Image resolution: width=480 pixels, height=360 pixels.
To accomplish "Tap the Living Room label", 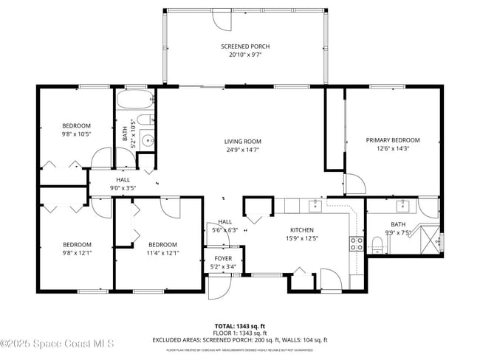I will point(243,142).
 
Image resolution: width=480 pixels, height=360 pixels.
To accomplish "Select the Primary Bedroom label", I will point(392,140).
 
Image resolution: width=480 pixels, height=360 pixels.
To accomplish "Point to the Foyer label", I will point(224,259).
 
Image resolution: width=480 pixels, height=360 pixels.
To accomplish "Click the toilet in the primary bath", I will point(377,243).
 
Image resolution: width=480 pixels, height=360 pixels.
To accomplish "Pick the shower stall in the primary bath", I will point(428,238).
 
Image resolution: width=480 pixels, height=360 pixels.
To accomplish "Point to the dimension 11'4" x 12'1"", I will point(162,253).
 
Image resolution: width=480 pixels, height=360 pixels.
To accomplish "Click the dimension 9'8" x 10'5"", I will point(76,134).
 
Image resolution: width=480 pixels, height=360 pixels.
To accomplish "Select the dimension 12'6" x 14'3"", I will point(392,148).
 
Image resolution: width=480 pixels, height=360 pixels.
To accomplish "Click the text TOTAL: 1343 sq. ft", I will point(239,325).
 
